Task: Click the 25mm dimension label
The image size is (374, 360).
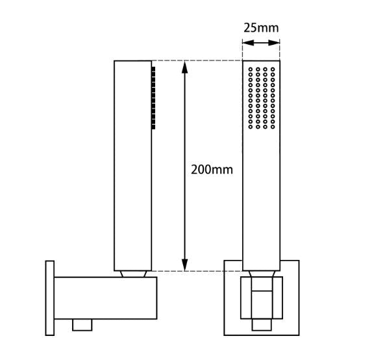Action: (x=261, y=28)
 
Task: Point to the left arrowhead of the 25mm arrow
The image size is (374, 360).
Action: (x=245, y=44)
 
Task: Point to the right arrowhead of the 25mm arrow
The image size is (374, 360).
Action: (x=277, y=44)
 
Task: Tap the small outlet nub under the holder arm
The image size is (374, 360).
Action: (x=81, y=324)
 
